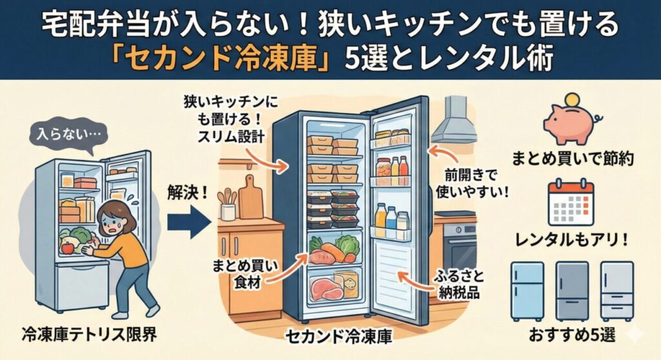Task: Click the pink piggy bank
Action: point(572,123)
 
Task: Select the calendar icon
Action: point(569,203)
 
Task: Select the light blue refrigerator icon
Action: point(527,290)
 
